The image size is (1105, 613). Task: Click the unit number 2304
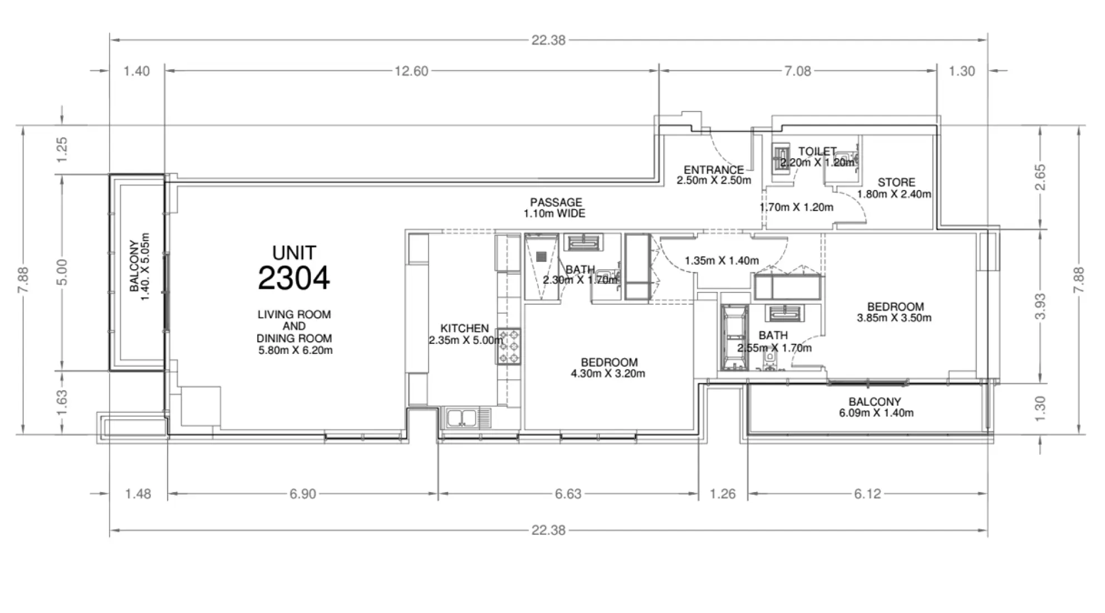pos(293,277)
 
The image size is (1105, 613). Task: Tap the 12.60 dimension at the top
pos(411,71)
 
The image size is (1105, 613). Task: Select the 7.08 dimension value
pos(797,71)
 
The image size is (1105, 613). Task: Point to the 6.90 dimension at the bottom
pos(302,494)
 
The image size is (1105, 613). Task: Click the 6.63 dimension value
pos(568,494)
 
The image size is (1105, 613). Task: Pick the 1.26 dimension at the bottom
pos(723,494)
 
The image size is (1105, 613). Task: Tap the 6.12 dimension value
pos(867,494)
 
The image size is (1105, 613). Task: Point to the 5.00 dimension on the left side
pos(62,272)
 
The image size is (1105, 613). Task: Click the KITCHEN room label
pos(464,328)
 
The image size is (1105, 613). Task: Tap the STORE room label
pos(896,182)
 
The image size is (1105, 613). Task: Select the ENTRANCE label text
pos(714,169)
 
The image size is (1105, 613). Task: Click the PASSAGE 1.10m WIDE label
pos(555,207)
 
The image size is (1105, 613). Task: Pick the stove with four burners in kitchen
pos(509,346)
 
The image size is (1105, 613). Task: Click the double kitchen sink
pos(461,417)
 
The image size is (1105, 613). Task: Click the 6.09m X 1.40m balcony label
pos(875,407)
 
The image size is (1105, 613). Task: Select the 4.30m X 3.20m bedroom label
pos(608,368)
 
